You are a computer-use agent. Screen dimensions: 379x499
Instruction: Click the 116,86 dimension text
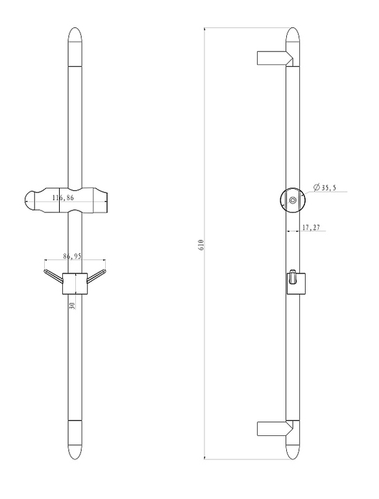coord(63,198)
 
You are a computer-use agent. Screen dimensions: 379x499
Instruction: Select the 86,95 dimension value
coord(72,256)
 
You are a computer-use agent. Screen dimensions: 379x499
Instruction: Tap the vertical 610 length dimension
coord(201,244)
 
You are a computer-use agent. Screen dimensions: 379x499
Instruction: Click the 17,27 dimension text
coord(311,227)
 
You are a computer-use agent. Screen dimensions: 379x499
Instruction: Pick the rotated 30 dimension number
coord(72,305)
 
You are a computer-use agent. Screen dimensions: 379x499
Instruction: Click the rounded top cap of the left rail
coord(75,47)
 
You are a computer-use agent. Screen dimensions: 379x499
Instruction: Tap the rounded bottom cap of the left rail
coord(75,440)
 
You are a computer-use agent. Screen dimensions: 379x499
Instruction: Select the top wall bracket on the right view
coord(275,58)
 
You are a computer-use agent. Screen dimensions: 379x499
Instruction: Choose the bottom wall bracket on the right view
coord(275,429)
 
